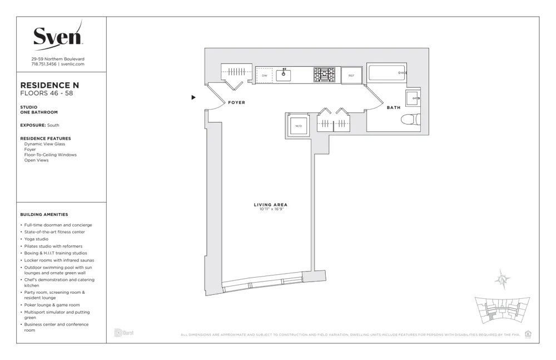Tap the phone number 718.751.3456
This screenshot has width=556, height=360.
[x=44, y=64]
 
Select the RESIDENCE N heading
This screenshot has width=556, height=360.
[x=49, y=85]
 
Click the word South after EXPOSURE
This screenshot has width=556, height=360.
[x=53, y=125]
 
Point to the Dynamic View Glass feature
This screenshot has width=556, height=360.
[x=44, y=144]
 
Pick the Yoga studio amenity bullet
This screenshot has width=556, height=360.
[x=36, y=239]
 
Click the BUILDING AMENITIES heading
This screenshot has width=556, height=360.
[x=44, y=214]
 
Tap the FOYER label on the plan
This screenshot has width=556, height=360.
[x=236, y=103]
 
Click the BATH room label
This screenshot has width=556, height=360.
[x=393, y=107]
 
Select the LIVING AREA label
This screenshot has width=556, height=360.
[x=270, y=205]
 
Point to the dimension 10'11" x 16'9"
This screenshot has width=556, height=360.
[x=270, y=209]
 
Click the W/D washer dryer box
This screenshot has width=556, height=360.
[x=299, y=126]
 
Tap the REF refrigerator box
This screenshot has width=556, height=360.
[x=351, y=75]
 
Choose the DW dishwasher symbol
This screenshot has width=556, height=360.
[x=264, y=75]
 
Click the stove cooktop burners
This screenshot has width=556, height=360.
[x=325, y=75]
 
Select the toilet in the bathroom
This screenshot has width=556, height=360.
[x=411, y=120]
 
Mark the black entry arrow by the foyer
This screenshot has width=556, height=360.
[x=193, y=97]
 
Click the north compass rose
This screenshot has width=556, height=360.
[x=503, y=279]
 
